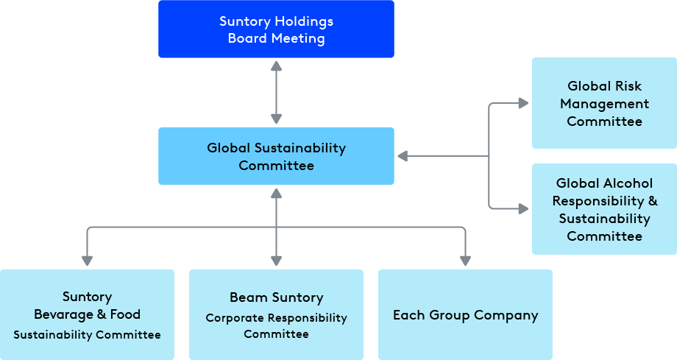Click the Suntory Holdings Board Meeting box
276,29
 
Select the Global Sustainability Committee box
276,156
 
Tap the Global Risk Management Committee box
604,103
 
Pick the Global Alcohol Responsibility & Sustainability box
604,209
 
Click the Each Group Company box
465,314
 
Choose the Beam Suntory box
276,314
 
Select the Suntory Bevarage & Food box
87,314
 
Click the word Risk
625,86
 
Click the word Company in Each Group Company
506,316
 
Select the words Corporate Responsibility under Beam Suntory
276,318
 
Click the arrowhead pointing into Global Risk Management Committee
523,103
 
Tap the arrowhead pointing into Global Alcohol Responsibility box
523,209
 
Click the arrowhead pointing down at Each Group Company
465,260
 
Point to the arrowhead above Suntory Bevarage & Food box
87,260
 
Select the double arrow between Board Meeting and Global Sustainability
276,92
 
